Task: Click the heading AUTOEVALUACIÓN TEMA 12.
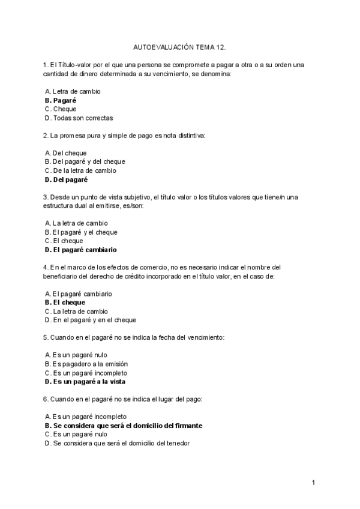point(179,46)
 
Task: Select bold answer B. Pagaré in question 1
point(60,100)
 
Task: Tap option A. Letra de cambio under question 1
point(73,91)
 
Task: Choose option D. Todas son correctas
point(79,118)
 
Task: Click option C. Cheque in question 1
point(61,109)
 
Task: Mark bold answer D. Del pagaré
point(66,179)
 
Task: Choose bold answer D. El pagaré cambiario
point(80,250)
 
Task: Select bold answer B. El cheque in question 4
point(65,303)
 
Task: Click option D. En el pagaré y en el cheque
point(90,320)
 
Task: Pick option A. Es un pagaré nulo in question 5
point(76,355)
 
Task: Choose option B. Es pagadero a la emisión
point(86,364)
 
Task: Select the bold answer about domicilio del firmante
point(123,426)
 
